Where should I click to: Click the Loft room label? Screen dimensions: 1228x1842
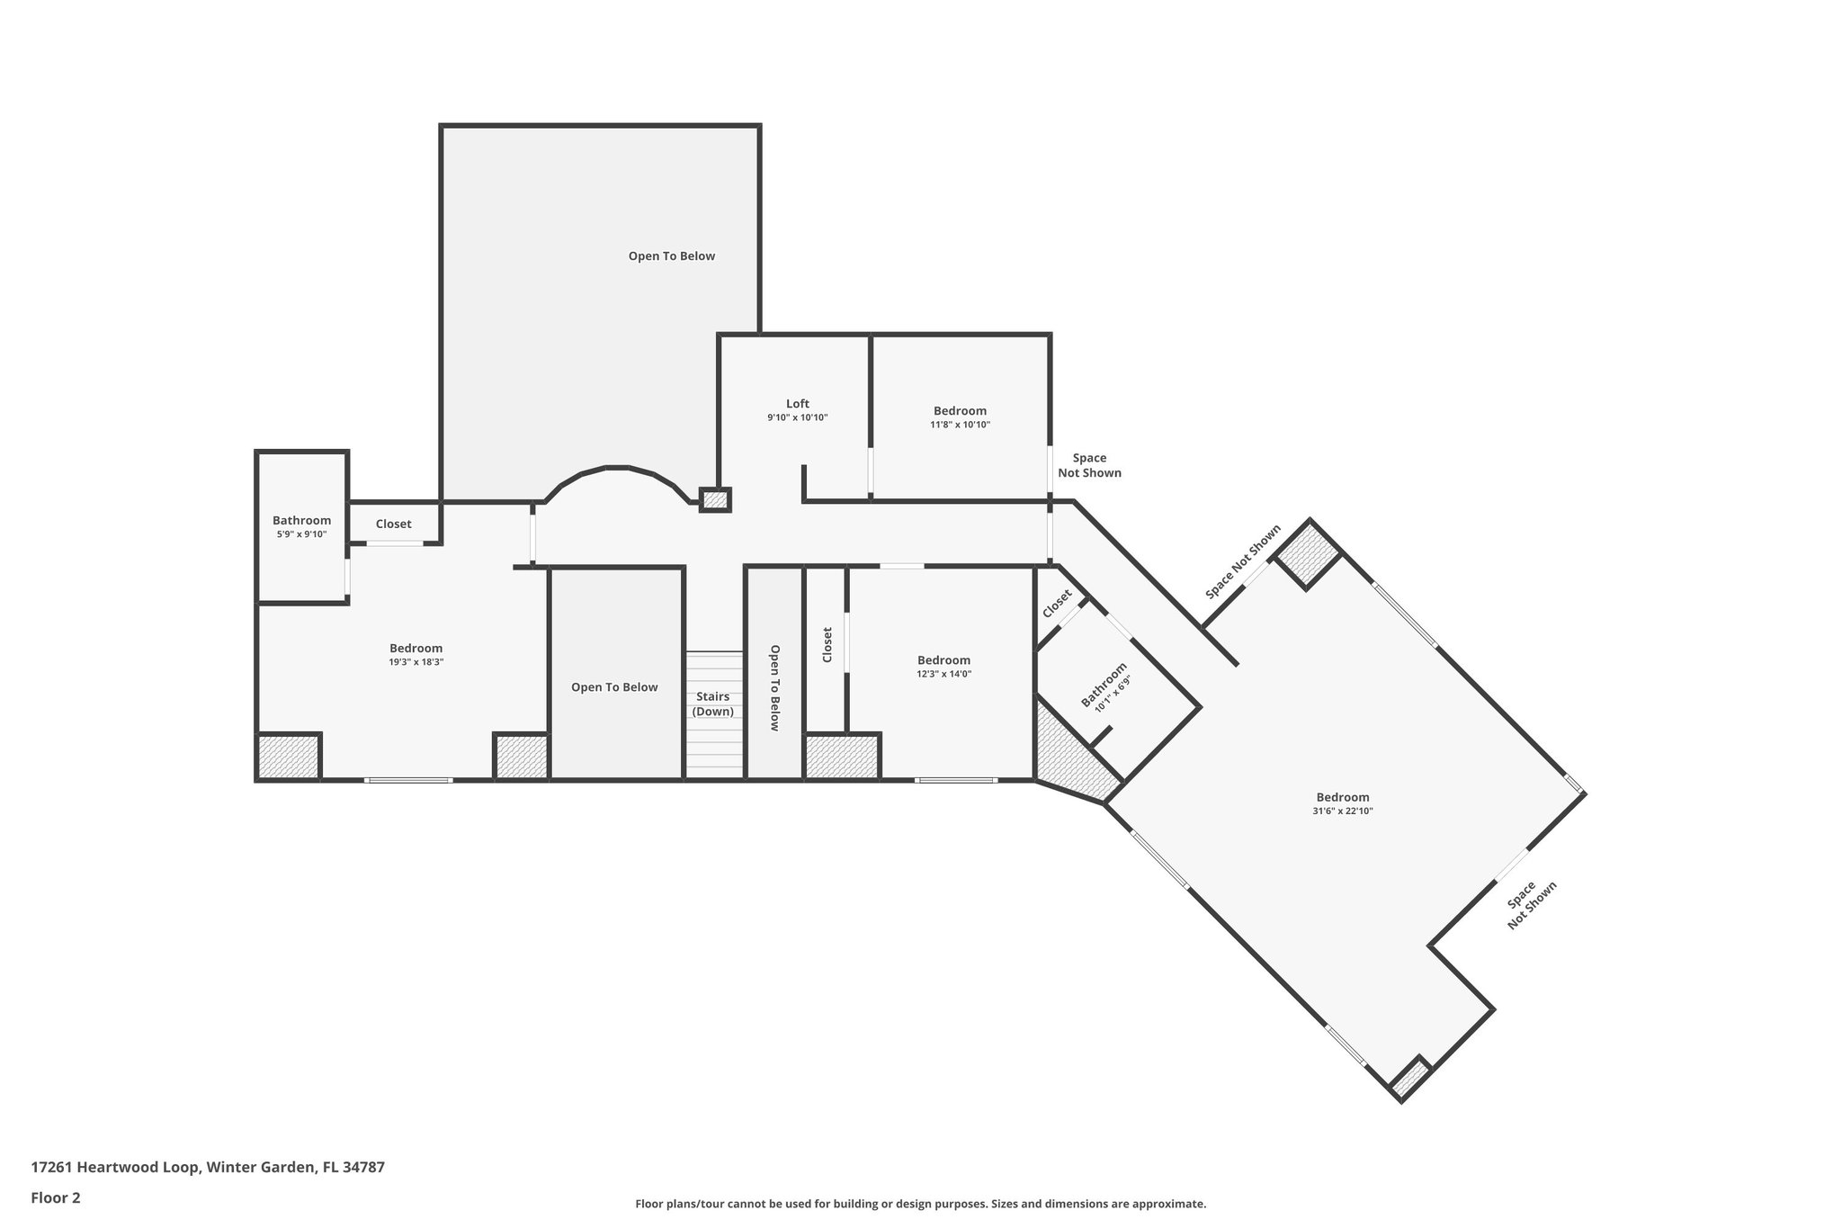(797, 404)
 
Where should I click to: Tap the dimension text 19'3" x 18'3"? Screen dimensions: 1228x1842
(416, 662)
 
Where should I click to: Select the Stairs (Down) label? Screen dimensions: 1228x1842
(712, 704)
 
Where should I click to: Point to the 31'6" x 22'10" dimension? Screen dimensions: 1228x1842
(1342, 811)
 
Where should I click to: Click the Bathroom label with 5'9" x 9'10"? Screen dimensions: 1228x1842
(301, 521)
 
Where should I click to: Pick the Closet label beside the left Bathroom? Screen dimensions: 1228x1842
(393, 524)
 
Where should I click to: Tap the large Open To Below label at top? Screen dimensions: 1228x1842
(671, 256)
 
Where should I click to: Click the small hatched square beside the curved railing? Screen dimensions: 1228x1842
(714, 499)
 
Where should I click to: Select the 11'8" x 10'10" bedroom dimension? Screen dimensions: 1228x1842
(960, 425)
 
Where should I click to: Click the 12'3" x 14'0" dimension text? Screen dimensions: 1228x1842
(943, 674)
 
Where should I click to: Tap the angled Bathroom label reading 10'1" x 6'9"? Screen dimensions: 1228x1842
(1104, 687)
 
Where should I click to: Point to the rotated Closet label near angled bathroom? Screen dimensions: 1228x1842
(1057, 604)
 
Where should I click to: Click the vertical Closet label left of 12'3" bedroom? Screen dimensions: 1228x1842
(827, 645)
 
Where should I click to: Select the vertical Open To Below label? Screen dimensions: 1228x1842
(773, 687)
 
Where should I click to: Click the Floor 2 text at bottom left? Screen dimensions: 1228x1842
(56, 1197)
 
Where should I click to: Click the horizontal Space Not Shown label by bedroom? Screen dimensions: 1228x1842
(1089, 465)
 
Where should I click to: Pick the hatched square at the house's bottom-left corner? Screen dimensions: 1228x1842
(288, 757)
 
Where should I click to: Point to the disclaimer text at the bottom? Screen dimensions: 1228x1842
(920, 1204)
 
